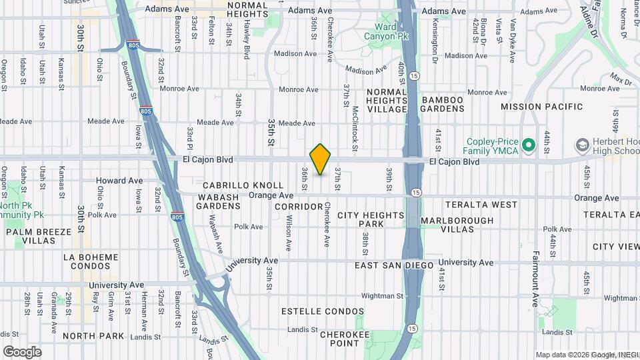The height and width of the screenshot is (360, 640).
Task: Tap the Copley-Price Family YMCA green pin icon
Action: pos(529,145)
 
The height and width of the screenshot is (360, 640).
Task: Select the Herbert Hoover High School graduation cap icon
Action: pos(583,145)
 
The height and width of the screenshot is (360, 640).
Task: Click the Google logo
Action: pos(22,352)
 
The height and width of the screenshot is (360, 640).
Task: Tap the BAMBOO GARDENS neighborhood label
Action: pos(443,105)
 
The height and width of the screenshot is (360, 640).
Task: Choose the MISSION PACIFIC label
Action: pos(541,107)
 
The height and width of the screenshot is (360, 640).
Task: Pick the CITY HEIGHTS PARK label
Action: pos(371,220)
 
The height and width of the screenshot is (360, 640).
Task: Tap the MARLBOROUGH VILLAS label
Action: pos(457,225)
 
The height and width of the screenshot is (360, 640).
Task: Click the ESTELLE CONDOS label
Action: pos(323,311)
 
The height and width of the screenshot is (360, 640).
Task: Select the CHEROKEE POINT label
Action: pos(345,339)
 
